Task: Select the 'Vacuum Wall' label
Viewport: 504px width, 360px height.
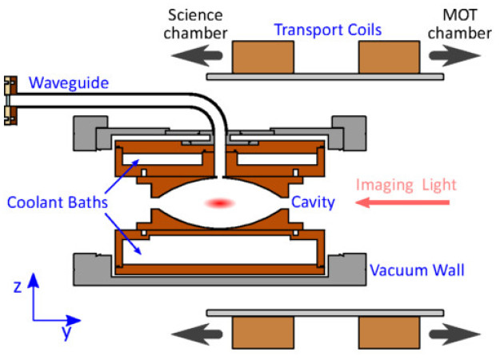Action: click(417, 270)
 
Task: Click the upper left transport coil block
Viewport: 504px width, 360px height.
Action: click(262, 58)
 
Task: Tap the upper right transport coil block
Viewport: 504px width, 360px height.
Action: click(389, 58)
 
